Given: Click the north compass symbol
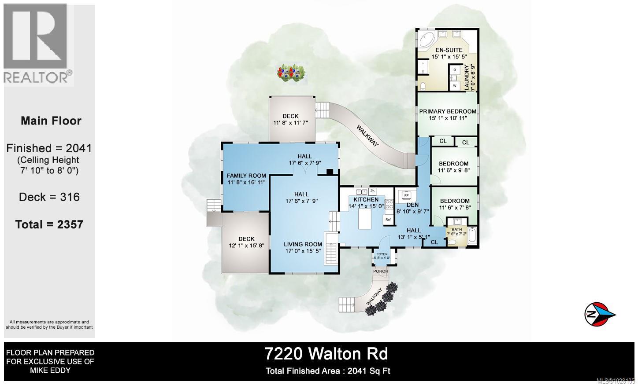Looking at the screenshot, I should pyautogui.click(x=600, y=314).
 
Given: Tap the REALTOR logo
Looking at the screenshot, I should pyautogui.click(x=38, y=44).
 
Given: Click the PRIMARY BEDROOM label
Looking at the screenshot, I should pyautogui.click(x=448, y=111).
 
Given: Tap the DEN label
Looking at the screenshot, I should pyautogui.click(x=412, y=205).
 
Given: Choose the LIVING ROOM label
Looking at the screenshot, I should pyautogui.click(x=303, y=244).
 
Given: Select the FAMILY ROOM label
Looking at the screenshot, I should pyautogui.click(x=246, y=176).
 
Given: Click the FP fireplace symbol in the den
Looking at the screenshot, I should pyautogui.click(x=406, y=195).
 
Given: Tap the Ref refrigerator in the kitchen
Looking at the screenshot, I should pyautogui.click(x=388, y=219).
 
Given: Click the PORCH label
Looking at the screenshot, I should pyautogui.click(x=381, y=271).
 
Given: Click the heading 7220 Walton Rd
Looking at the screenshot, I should pyautogui.click(x=326, y=354).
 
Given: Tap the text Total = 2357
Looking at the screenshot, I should pyautogui.click(x=49, y=224).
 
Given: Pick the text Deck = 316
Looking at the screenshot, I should pyautogui.click(x=49, y=197).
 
